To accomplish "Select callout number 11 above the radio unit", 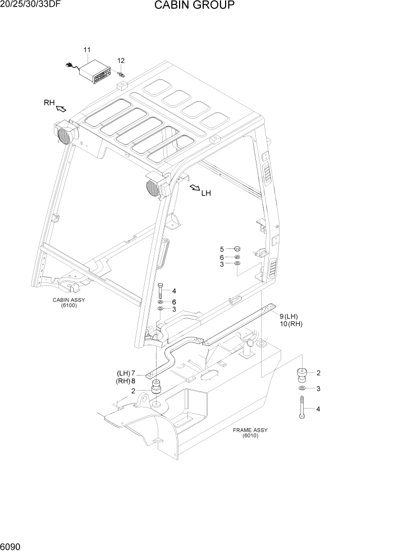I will pos(87,50).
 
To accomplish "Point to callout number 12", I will pos(121,61).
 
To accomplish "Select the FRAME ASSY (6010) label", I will pos(250,433).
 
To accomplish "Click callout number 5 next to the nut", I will pos(222,249).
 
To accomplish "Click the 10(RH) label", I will pos(291,324).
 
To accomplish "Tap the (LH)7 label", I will pos(127,373).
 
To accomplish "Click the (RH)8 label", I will pos(127,381).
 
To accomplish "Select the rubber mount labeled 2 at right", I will pos(303,373).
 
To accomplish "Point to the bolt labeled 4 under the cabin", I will pos(161,290).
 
